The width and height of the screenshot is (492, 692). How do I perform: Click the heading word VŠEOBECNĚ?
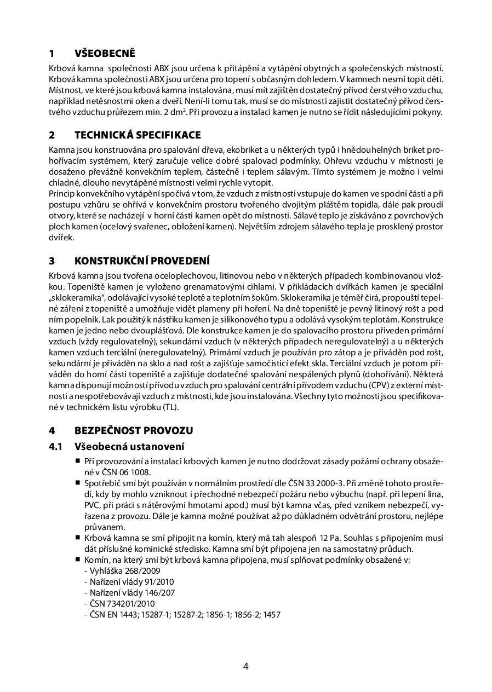point(105,54)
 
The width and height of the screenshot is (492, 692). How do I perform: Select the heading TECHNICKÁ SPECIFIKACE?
point(138,135)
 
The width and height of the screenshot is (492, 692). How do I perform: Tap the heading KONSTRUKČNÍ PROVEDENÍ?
point(142,260)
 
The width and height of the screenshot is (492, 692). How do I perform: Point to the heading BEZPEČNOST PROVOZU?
point(134,430)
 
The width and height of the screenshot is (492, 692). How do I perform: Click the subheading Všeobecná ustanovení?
point(129,447)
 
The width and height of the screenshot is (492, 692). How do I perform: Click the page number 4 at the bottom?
point(246,666)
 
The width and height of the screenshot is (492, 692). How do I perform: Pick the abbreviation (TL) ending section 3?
point(170,408)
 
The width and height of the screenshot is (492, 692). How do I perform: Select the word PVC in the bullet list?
point(91,505)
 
